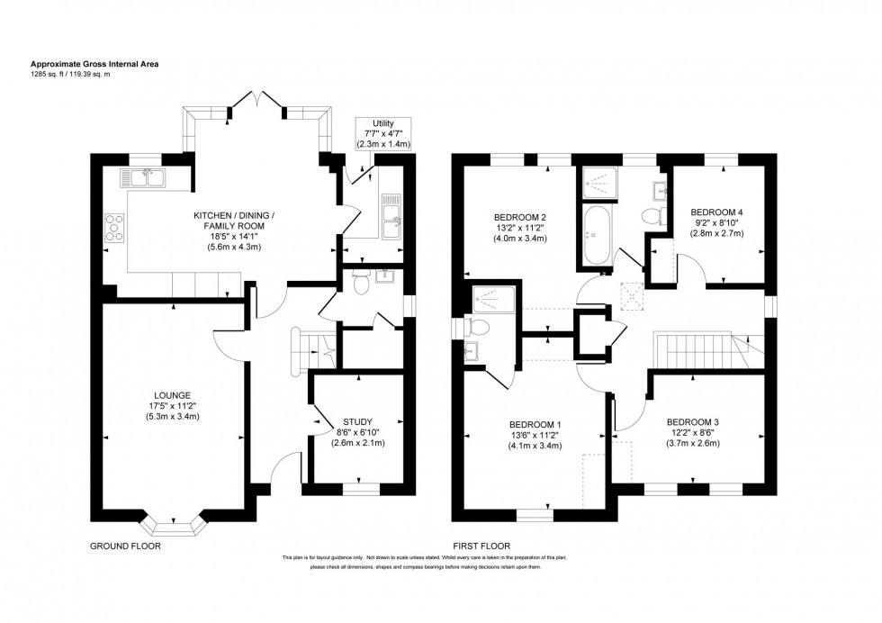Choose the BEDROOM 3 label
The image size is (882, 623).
693,421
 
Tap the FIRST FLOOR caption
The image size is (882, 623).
481,546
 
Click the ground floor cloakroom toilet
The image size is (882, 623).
361,284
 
